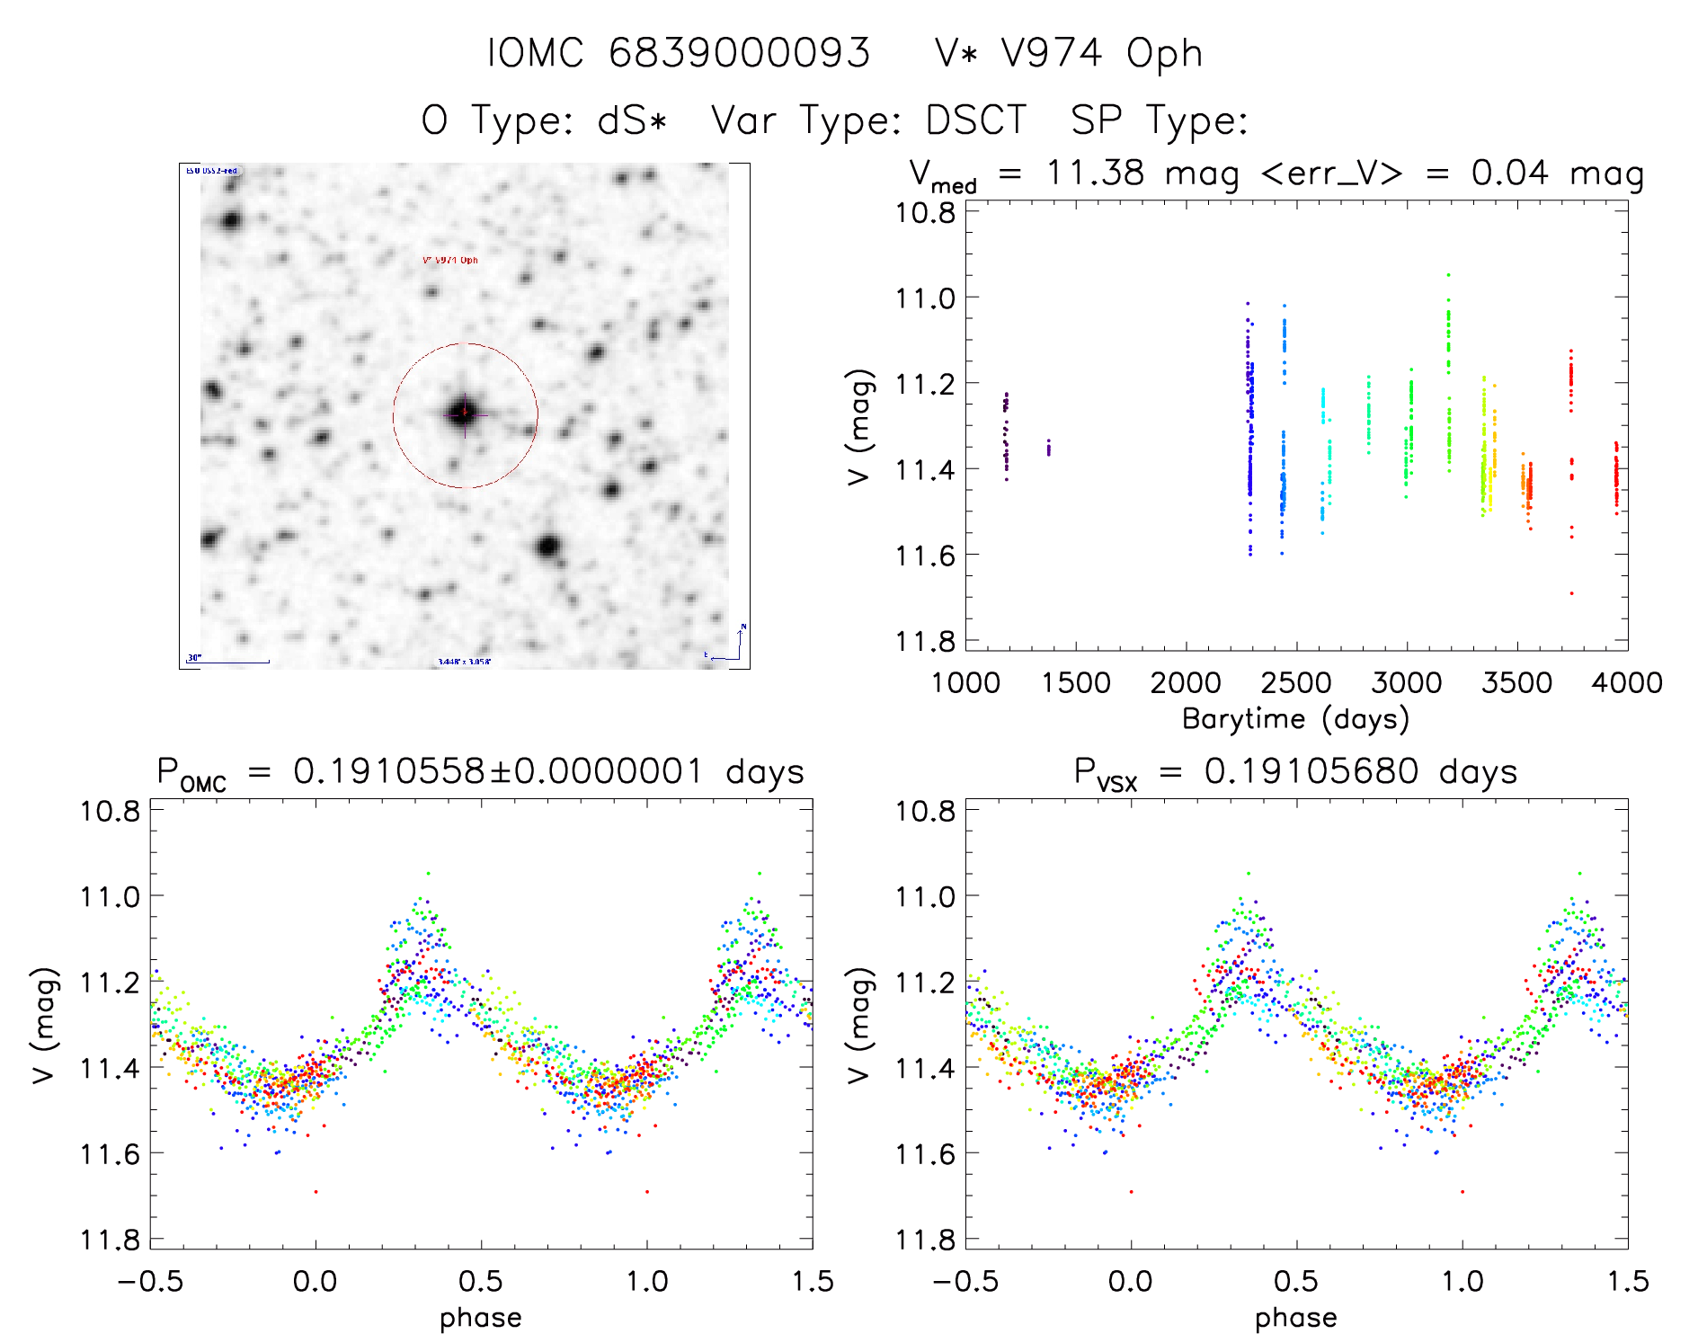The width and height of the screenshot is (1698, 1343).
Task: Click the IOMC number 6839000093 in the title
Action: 739,53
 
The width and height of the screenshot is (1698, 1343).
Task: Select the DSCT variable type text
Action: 975,120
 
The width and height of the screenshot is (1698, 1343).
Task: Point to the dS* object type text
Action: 632,120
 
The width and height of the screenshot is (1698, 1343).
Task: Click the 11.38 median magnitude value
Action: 1094,173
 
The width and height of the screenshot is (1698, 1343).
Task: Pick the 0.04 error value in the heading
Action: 1509,173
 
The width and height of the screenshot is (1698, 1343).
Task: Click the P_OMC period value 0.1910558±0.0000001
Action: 498,771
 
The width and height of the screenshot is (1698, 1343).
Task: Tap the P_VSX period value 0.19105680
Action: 1311,771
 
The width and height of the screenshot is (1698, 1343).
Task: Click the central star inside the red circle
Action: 465,414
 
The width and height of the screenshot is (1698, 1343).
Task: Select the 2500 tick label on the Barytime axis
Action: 1295,683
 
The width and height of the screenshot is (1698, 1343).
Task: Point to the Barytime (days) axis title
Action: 1295,719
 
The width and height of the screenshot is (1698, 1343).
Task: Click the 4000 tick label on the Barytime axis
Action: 1626,683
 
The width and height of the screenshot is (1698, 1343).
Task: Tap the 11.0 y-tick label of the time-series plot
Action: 925,298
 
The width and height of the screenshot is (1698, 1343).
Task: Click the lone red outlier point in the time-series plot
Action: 1571,593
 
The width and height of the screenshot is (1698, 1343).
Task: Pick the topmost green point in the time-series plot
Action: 1448,274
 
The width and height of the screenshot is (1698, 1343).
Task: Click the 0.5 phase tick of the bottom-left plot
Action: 481,1281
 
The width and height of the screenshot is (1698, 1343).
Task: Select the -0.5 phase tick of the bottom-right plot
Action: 965,1281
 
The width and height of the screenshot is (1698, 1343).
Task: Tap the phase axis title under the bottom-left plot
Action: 481,1318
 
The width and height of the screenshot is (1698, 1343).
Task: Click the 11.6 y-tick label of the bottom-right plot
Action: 925,1153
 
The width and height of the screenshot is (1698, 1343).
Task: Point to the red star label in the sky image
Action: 450,261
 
